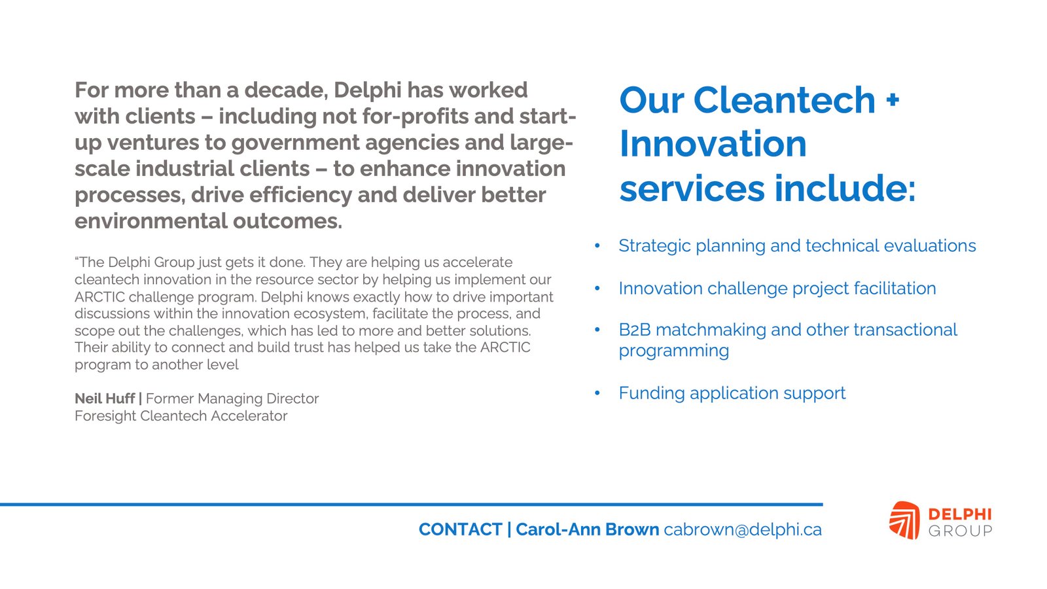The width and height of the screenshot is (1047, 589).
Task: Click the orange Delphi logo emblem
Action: coord(904,520)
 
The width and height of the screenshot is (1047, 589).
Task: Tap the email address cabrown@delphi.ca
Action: coord(743,529)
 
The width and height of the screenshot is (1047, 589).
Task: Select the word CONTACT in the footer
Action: coord(461,529)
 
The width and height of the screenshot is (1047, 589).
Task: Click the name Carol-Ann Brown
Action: coord(588,529)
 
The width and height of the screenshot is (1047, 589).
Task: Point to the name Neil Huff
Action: coord(105,399)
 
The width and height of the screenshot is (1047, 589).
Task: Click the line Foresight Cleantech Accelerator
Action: coord(181,416)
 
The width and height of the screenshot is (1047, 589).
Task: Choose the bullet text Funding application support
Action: coord(732,393)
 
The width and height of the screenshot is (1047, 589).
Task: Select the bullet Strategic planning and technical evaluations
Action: coord(798,246)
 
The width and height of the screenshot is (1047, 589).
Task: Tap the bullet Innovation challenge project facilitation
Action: coord(777,289)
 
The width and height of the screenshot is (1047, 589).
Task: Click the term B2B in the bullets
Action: coord(635,330)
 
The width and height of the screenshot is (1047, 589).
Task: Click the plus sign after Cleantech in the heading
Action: coord(893,99)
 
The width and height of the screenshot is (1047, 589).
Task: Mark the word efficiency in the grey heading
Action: coord(300,195)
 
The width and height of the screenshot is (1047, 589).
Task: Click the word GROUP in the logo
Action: coord(960,531)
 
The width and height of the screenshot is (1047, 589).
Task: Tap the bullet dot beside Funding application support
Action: coord(597,393)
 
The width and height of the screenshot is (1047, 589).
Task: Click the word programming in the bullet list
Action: coord(673,351)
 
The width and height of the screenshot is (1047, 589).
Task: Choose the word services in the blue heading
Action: coord(692,188)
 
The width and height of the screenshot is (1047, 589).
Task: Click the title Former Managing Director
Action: coord(232,399)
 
